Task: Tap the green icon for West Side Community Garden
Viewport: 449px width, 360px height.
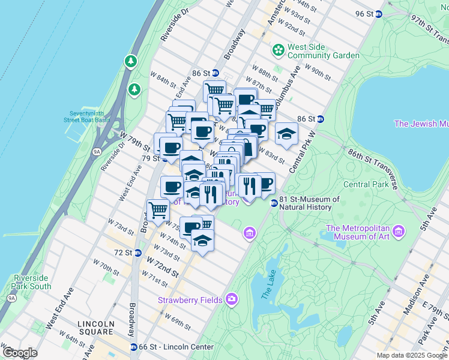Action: (278, 50)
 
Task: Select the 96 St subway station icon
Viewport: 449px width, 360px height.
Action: (379, 14)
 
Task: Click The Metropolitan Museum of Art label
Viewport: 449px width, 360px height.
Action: (358, 232)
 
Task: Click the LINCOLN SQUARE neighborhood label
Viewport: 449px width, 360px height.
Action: (95, 328)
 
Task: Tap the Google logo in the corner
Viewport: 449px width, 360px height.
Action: (20, 353)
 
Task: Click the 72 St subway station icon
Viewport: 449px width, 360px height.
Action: (137, 253)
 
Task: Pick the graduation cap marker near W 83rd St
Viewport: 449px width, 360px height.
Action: (287, 133)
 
